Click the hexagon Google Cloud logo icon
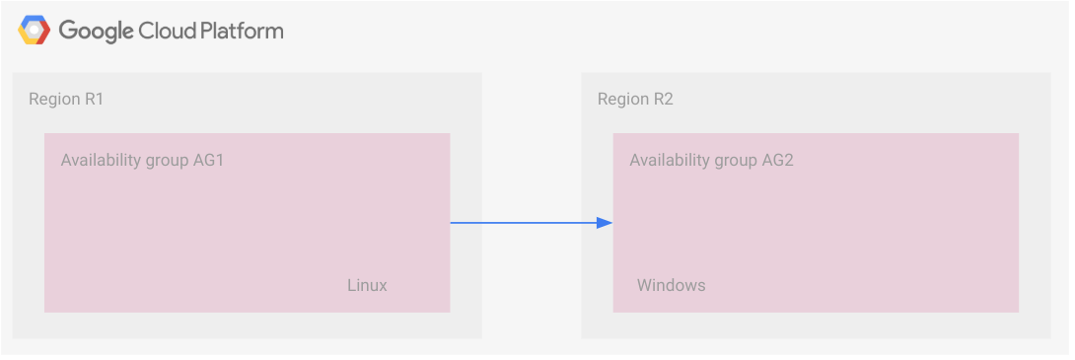[34, 31]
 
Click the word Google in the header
[96, 32]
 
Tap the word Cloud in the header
[167, 31]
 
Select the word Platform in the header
[242, 31]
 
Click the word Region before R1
[55, 100]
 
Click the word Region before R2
[624, 100]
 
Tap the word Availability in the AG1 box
[100, 160]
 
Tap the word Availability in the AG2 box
[669, 160]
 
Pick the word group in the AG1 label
[164, 161]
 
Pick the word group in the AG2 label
[733, 161]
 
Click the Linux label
[367, 286]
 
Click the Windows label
[671, 286]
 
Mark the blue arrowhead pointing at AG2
[605, 223]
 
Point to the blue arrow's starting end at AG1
[453, 223]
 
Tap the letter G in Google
[67, 31]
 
